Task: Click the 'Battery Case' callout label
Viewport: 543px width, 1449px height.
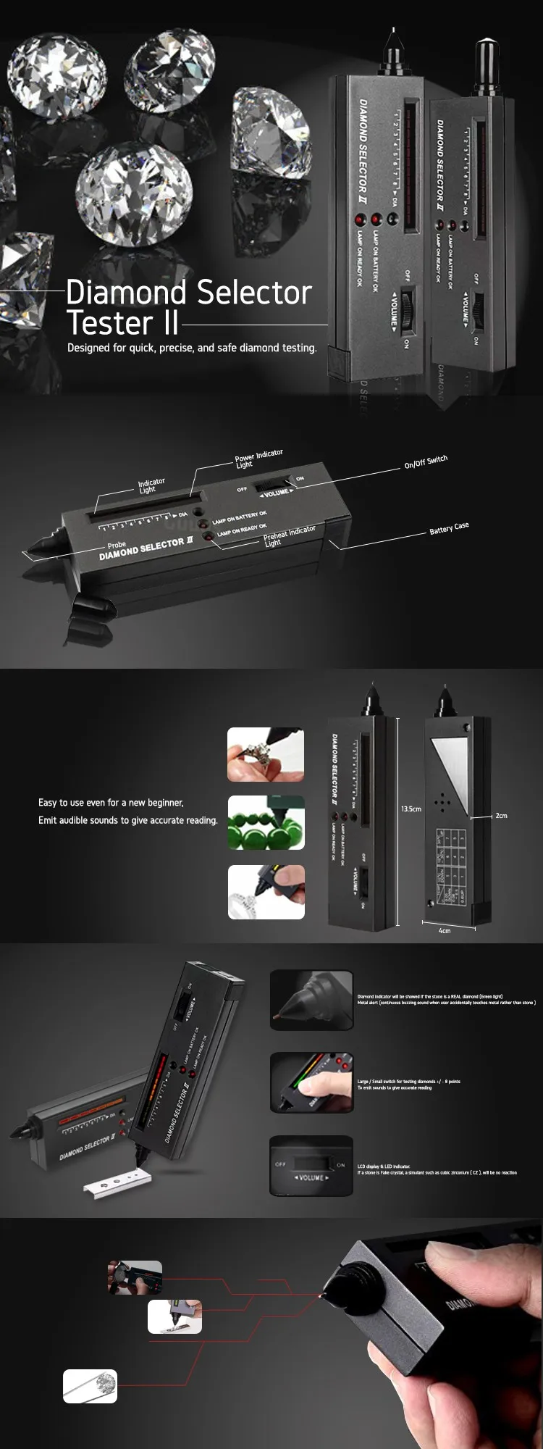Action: [449, 529]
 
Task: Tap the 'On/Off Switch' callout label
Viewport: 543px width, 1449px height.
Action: [426, 462]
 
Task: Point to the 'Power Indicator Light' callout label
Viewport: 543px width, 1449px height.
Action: [258, 459]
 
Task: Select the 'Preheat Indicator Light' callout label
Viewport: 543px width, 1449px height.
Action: [289, 535]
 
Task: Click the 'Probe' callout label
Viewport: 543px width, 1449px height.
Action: [117, 545]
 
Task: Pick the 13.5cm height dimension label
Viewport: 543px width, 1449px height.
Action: [411, 809]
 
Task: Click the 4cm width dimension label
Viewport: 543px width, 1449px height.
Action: [445, 930]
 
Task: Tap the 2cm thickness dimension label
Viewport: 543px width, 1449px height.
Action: [501, 816]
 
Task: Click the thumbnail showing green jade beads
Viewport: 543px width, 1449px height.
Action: [266, 822]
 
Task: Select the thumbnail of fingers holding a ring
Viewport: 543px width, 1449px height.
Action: [266, 755]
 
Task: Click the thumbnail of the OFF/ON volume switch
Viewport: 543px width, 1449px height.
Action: [311, 1166]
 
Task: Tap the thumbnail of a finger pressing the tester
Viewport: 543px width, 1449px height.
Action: [311, 1082]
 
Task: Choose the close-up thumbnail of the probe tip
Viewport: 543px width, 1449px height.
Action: [311, 1000]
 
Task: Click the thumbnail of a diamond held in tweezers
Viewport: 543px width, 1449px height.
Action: [90, 1386]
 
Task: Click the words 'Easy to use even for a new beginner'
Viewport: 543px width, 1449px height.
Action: [111, 803]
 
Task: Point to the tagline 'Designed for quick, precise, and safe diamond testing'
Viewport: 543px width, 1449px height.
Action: [192, 348]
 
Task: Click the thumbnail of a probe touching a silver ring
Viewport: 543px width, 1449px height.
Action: [266, 892]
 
